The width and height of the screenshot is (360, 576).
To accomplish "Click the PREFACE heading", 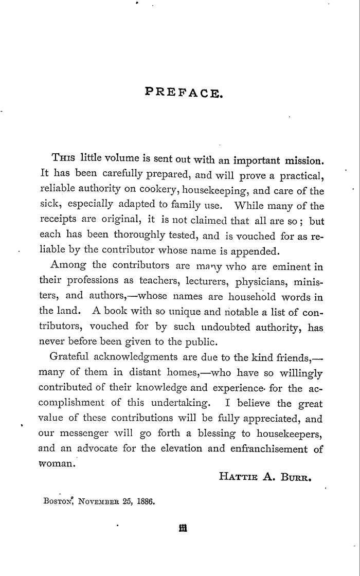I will pyautogui.click(x=184, y=93).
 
